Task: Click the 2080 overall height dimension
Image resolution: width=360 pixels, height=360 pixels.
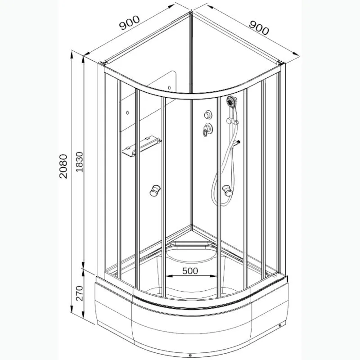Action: (x=63, y=166)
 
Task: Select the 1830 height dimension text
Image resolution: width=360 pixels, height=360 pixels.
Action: (x=79, y=162)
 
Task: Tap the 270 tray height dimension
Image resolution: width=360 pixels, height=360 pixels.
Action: (x=79, y=293)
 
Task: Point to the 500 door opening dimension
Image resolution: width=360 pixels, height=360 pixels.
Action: (x=190, y=271)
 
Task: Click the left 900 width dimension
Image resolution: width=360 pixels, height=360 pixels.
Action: (x=129, y=22)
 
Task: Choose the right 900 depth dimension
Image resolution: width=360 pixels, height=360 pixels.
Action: (x=259, y=27)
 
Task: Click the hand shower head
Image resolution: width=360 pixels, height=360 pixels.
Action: (x=232, y=101)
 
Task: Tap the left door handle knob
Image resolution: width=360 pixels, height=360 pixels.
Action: (x=155, y=190)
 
